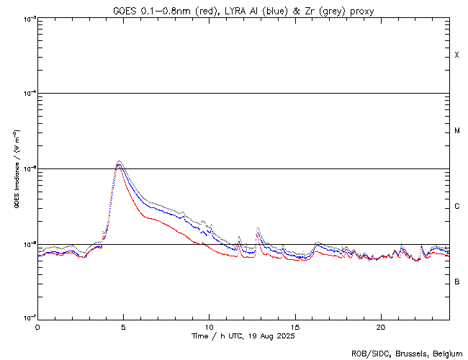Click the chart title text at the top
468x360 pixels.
coord(243,11)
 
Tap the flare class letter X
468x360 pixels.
coord(456,55)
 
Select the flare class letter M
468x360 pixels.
coord(456,131)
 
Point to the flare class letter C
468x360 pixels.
coord(456,207)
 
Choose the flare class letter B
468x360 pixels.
coord(456,282)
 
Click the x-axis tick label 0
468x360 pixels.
coord(37,325)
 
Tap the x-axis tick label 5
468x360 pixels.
coord(123,325)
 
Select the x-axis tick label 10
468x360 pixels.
coord(209,325)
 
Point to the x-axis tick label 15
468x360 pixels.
coord(294,325)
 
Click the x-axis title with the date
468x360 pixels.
coord(243,336)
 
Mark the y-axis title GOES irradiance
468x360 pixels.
coord(16,168)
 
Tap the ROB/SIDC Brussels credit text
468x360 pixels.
coord(407,353)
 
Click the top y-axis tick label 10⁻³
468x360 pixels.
coord(27,19)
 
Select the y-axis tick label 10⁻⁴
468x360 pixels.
coord(27,94)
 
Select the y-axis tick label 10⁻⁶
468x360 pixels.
coord(27,244)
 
